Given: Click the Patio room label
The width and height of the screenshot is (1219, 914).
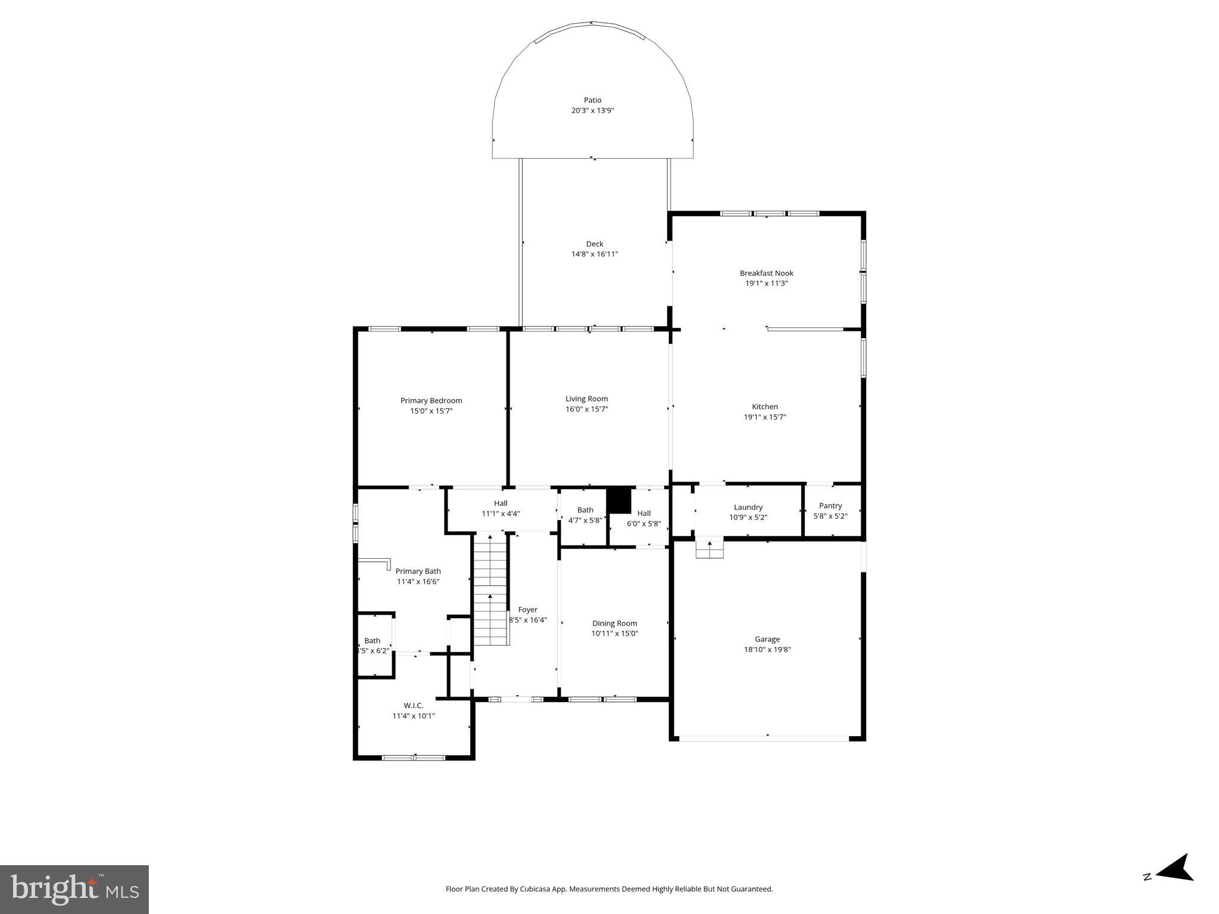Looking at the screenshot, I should pos(592,100).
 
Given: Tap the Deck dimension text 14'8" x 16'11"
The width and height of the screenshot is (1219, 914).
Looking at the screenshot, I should pos(595,254).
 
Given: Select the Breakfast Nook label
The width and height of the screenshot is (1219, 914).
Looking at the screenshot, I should pos(766,273).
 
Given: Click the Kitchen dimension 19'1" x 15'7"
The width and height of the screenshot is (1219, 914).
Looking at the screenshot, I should pos(765,417).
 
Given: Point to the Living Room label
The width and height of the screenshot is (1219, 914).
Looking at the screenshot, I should pos(586,399).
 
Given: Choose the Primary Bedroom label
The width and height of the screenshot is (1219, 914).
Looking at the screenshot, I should pos(431,400).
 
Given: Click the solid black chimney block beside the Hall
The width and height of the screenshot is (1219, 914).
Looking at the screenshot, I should pos(618,500).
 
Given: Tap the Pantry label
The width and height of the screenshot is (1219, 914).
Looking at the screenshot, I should pos(830,506).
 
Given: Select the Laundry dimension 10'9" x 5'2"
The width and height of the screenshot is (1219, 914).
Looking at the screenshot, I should pos(748,517).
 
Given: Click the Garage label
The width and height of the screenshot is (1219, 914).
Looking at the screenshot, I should pos(767,639).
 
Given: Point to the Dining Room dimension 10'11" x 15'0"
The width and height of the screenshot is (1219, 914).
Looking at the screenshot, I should pos(614,633).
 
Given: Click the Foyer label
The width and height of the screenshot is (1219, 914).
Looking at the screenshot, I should pos(527,609).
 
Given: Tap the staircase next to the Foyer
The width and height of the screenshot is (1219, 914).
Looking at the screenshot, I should pos(490,589).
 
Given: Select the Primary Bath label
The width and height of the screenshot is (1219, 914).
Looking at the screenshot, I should pos(418,571).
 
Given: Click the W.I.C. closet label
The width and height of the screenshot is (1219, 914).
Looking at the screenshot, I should pos(413,705).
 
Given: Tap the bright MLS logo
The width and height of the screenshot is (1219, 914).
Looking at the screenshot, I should pos(74,889).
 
